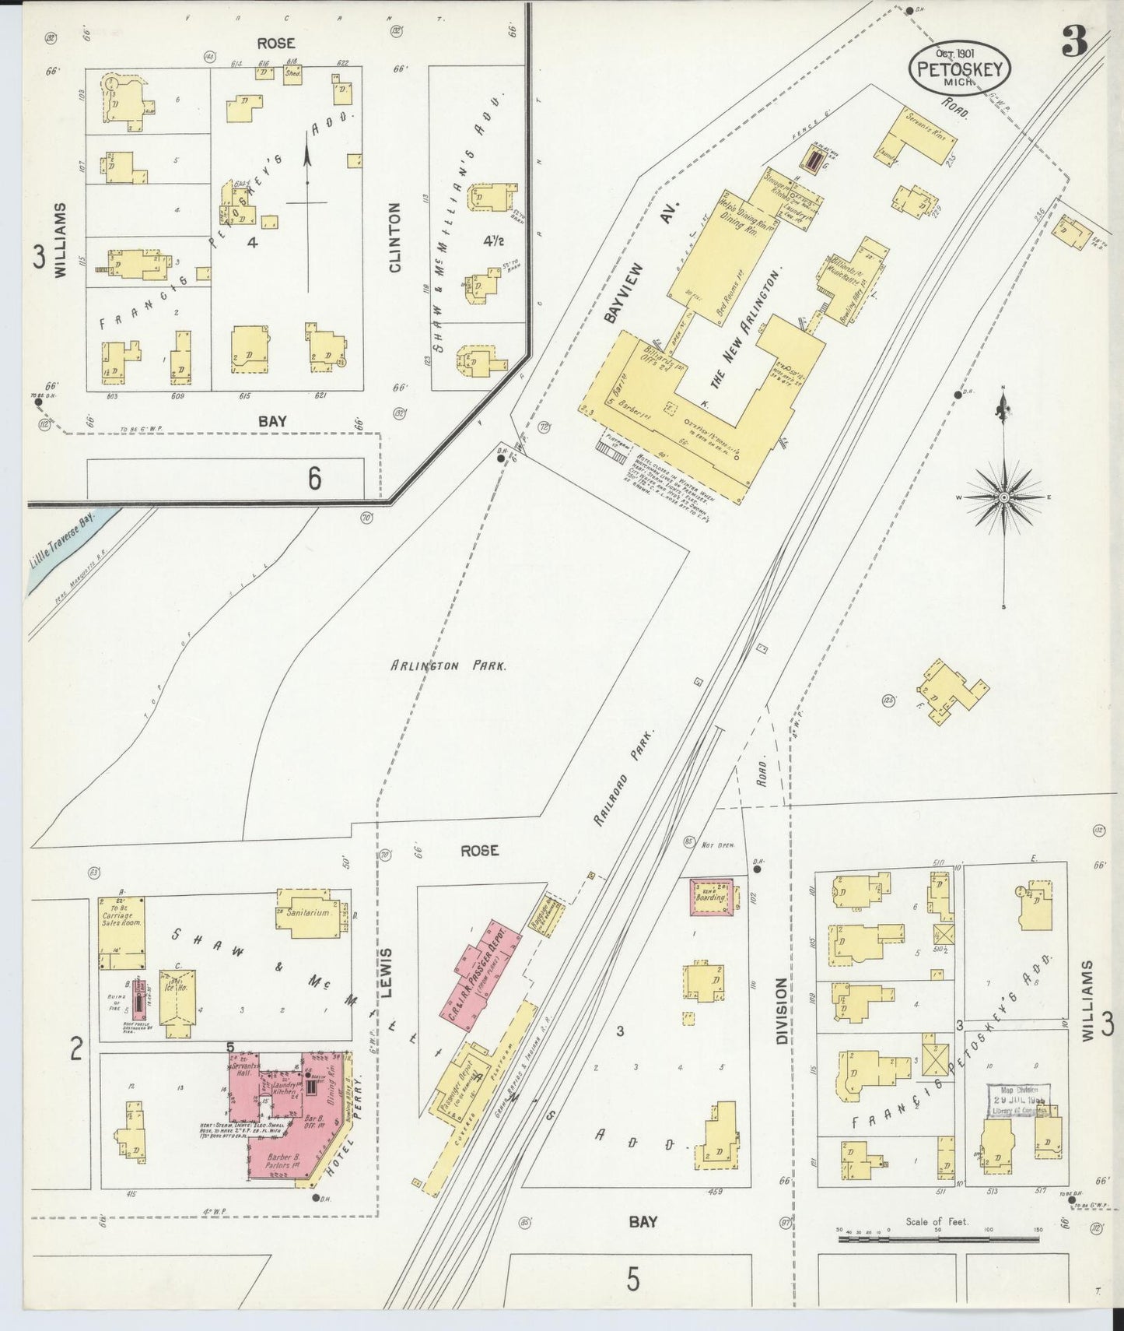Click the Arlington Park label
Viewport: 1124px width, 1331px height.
[x=449, y=666]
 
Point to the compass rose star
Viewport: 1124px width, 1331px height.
[x=1003, y=497]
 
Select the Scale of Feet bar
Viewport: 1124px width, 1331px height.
[x=937, y=1259]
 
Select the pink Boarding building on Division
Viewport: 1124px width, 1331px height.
[x=713, y=897]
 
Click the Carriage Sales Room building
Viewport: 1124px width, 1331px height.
[x=121, y=932]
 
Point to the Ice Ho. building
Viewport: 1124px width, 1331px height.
[x=177, y=999]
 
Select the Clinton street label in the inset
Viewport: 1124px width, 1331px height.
[x=394, y=237]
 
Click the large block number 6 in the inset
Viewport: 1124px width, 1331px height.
[x=313, y=478]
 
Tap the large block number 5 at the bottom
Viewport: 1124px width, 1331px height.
[x=634, y=1279]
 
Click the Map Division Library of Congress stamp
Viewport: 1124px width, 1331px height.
[x=1017, y=1102]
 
